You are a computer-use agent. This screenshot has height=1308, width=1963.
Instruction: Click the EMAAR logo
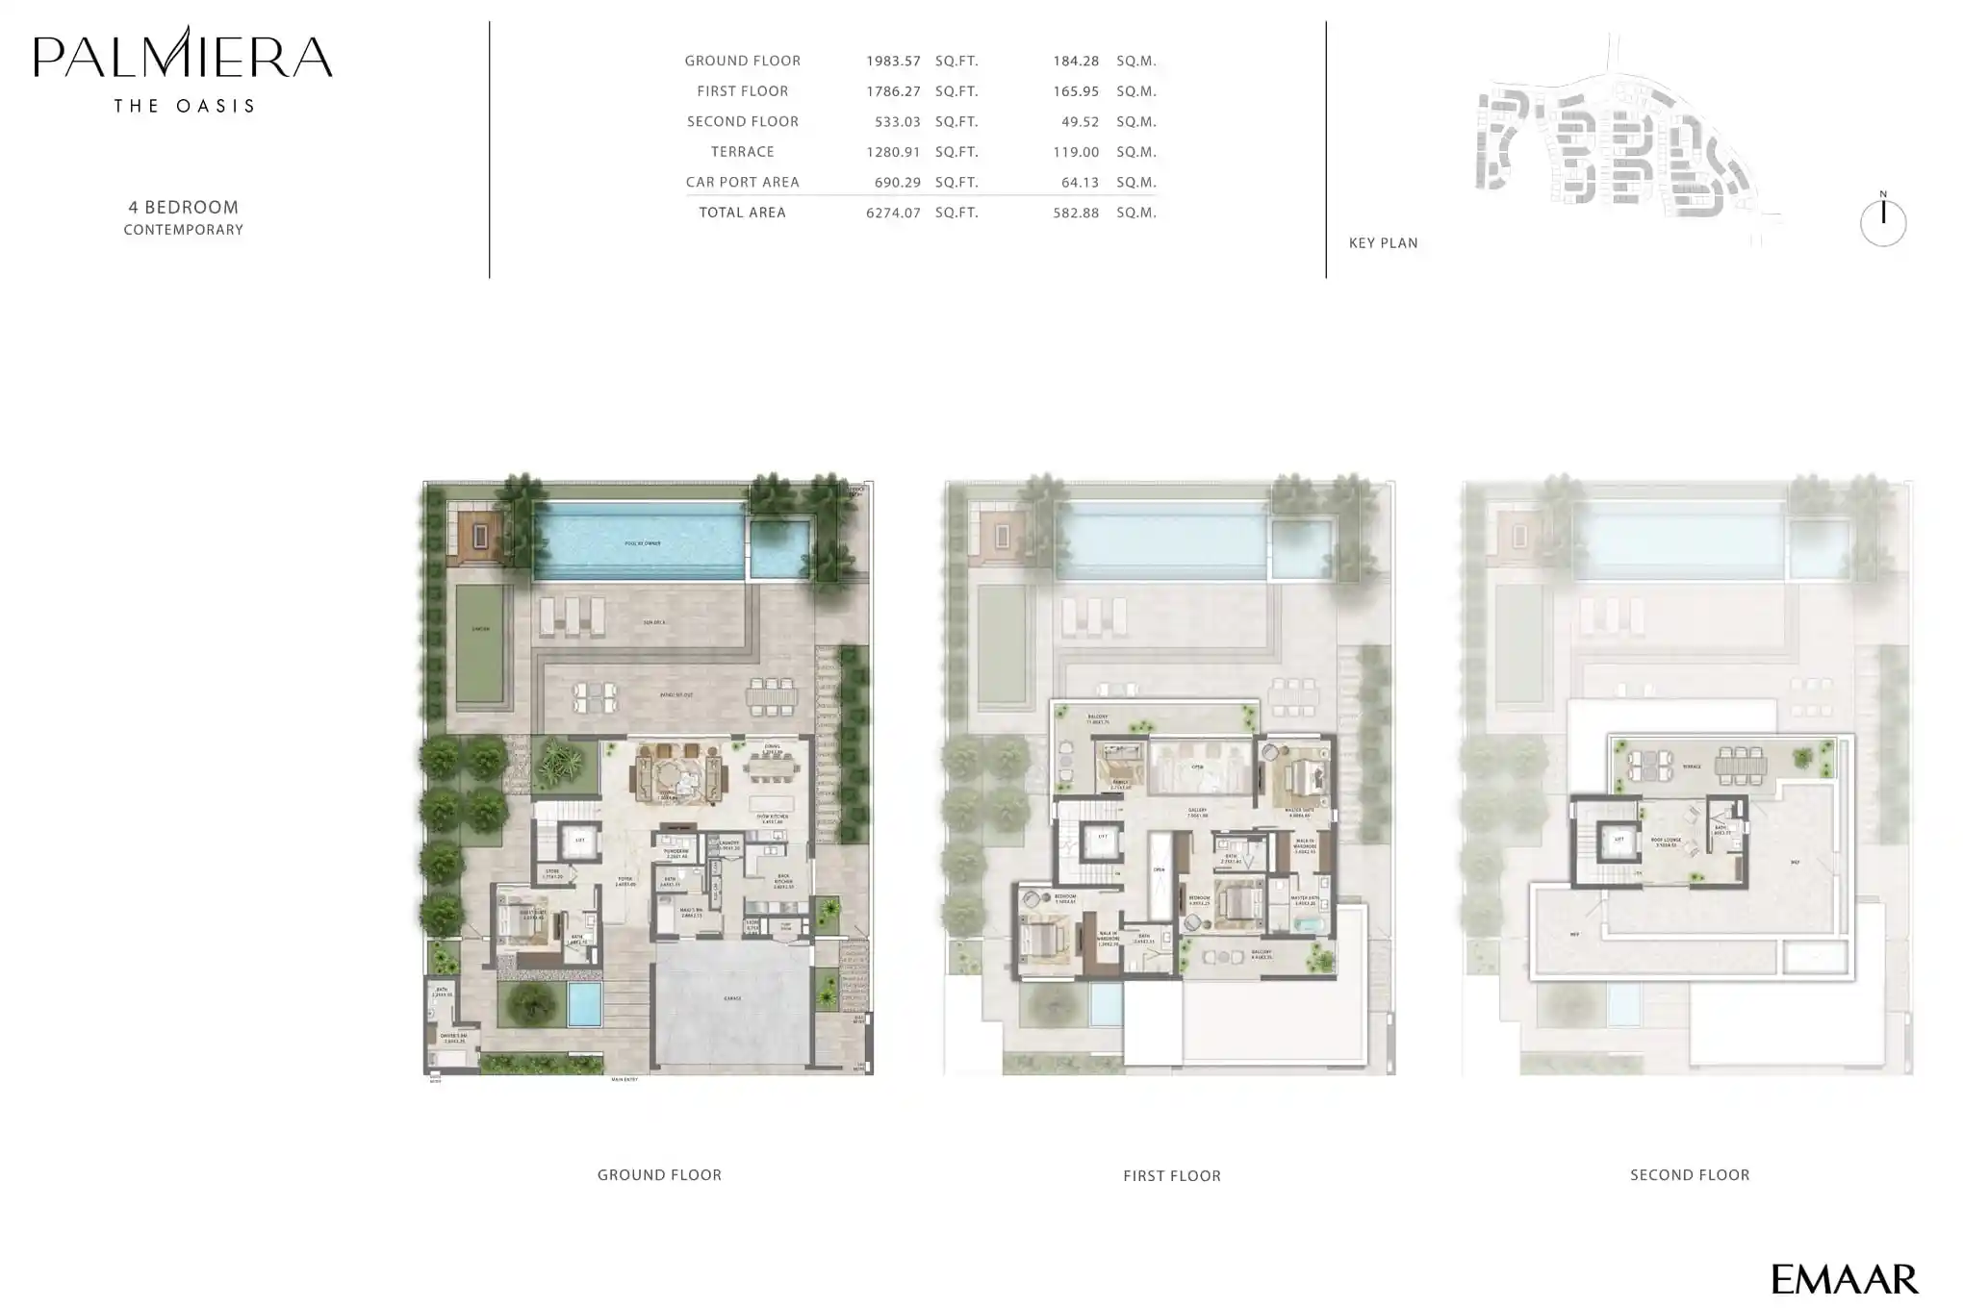pyautogui.click(x=1844, y=1279)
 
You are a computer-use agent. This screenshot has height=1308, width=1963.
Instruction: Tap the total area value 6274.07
pyautogui.click(x=892, y=213)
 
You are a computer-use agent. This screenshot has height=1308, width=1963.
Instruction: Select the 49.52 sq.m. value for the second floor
pyautogui.click(x=1075, y=122)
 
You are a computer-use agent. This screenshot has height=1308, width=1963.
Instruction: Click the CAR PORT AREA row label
pyautogui.click(x=742, y=183)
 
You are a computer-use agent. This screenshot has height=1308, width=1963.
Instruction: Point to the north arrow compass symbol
pyautogui.click(x=1882, y=222)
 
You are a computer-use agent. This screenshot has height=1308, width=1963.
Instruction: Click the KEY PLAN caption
pyautogui.click(x=1383, y=243)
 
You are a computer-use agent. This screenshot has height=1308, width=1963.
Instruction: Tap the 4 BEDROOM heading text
pyautogui.click(x=183, y=208)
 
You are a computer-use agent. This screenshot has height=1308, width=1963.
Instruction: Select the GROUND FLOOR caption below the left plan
pyautogui.click(x=659, y=1175)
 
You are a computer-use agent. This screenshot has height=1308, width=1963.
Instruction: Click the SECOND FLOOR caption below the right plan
pyautogui.click(x=1690, y=1175)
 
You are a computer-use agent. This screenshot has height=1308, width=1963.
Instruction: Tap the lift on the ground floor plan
pyautogui.click(x=579, y=841)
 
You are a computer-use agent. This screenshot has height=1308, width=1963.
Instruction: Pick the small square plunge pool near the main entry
pyautogui.click(x=584, y=1003)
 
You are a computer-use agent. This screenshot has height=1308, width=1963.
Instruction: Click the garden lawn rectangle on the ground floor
pyautogui.click(x=480, y=644)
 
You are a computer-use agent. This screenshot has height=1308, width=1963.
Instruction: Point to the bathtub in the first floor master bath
pyautogui.click(x=1310, y=926)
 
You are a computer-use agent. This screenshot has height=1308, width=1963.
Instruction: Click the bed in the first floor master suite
pyautogui.click(x=1303, y=776)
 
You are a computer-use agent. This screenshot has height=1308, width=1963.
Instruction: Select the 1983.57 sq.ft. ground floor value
pyautogui.click(x=892, y=62)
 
